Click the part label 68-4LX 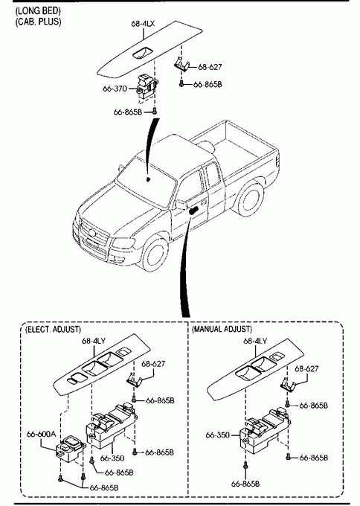pos(143,24)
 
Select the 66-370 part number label pos(115,89)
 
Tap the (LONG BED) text pos(39,10)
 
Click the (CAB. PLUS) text pos(39,22)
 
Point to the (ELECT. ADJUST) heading pos(54,329)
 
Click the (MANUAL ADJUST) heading pos(222,329)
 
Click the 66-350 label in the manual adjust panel pos(218,435)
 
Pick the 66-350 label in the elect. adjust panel pos(112,458)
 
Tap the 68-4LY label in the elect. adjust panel pos(94,341)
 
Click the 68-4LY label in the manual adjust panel pos(255,341)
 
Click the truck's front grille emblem pos(92,233)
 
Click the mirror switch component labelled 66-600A pos(71,449)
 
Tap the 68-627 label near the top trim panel pos(210,67)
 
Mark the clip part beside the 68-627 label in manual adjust pos(289,385)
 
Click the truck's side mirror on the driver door pos(181,205)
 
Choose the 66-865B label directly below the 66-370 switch pos(128,112)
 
